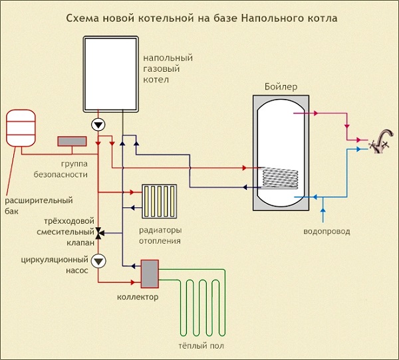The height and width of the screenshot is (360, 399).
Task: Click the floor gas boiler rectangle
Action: point(110,74)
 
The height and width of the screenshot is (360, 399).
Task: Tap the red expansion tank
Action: point(21,128)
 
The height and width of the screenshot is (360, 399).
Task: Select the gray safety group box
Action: point(72,141)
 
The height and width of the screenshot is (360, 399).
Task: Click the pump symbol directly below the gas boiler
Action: point(98,125)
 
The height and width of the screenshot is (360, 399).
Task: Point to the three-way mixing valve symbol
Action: point(99,233)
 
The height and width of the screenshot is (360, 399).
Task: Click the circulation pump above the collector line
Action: point(98,261)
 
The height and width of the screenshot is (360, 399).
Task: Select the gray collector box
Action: point(150,274)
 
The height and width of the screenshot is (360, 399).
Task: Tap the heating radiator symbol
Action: point(160,201)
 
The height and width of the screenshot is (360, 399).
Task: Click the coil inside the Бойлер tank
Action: point(280,178)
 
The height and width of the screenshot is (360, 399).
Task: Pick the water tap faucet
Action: point(382,141)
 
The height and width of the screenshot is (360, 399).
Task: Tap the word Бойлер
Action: point(281,87)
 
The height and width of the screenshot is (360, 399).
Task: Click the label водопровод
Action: point(327,232)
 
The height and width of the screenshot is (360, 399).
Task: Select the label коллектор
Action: point(138,297)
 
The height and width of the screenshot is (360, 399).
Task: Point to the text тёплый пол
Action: point(201,346)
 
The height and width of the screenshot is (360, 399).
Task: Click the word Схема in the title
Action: point(82,19)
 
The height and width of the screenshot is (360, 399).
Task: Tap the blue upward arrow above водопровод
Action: point(323,210)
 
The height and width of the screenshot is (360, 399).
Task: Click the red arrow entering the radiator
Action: point(132,192)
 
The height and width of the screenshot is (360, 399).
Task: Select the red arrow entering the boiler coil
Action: point(244,168)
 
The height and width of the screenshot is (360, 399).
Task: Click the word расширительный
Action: point(39,201)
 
